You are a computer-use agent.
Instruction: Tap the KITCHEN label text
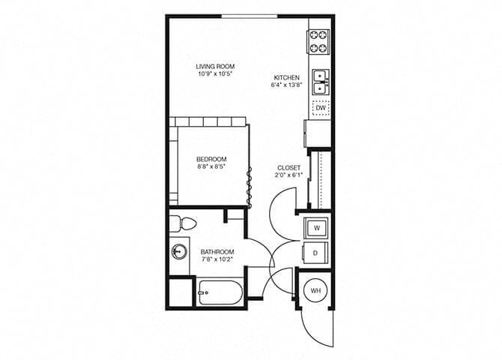click(x=287, y=77)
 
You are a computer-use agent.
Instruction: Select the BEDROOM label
click(x=211, y=159)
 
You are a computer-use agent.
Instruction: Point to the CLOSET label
click(x=288, y=168)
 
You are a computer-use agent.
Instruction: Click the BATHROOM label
click(x=217, y=252)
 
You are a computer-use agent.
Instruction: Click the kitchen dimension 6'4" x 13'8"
click(x=287, y=85)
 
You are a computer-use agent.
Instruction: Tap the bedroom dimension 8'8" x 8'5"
click(x=211, y=167)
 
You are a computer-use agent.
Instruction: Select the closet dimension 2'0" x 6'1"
click(x=288, y=176)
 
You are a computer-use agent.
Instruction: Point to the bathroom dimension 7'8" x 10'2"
click(x=217, y=260)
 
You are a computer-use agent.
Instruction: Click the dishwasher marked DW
click(x=320, y=109)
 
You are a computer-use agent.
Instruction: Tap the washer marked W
click(x=316, y=226)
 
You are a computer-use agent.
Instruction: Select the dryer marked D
click(x=316, y=253)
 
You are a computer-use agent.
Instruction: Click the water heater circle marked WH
click(x=316, y=289)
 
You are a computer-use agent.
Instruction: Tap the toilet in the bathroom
click(x=182, y=223)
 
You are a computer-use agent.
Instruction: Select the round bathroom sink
click(x=178, y=251)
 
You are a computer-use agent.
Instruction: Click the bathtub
click(x=220, y=291)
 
